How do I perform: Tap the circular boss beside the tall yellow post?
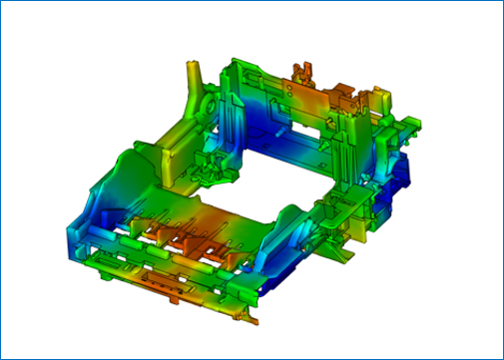tap(209, 104)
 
